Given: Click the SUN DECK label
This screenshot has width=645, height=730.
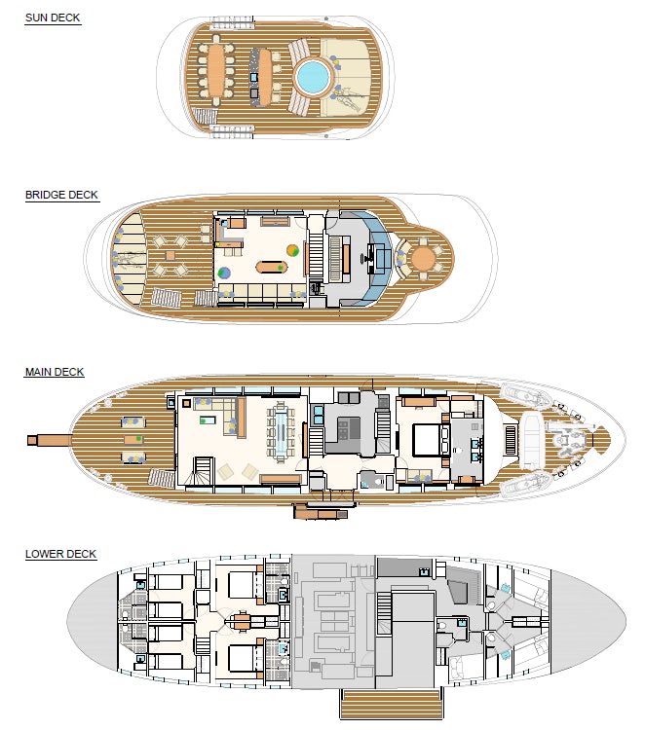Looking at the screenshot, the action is [53, 18].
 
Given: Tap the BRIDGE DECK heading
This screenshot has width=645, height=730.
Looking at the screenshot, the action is [61, 195].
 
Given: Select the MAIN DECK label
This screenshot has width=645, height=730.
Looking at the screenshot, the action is [55, 372].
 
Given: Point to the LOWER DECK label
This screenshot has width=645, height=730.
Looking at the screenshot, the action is [60, 554].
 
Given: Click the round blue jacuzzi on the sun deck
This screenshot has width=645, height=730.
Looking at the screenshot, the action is [312, 77].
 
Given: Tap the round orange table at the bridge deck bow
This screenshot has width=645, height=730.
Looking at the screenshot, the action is [423, 258].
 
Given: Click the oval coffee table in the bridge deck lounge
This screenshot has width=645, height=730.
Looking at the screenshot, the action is [271, 268].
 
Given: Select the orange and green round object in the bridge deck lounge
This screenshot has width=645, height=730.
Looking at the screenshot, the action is [292, 250].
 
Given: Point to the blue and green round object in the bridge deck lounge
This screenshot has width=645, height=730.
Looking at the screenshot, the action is [224, 273].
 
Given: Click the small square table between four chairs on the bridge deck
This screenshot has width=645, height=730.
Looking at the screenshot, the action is [171, 255].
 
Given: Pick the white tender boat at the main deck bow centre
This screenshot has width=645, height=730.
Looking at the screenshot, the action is [531, 440].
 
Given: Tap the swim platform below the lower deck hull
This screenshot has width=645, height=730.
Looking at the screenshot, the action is [391, 704].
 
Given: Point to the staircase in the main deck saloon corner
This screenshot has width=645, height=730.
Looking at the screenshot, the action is [204, 472].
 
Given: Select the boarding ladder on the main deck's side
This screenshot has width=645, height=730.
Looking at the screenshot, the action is [322, 512].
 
